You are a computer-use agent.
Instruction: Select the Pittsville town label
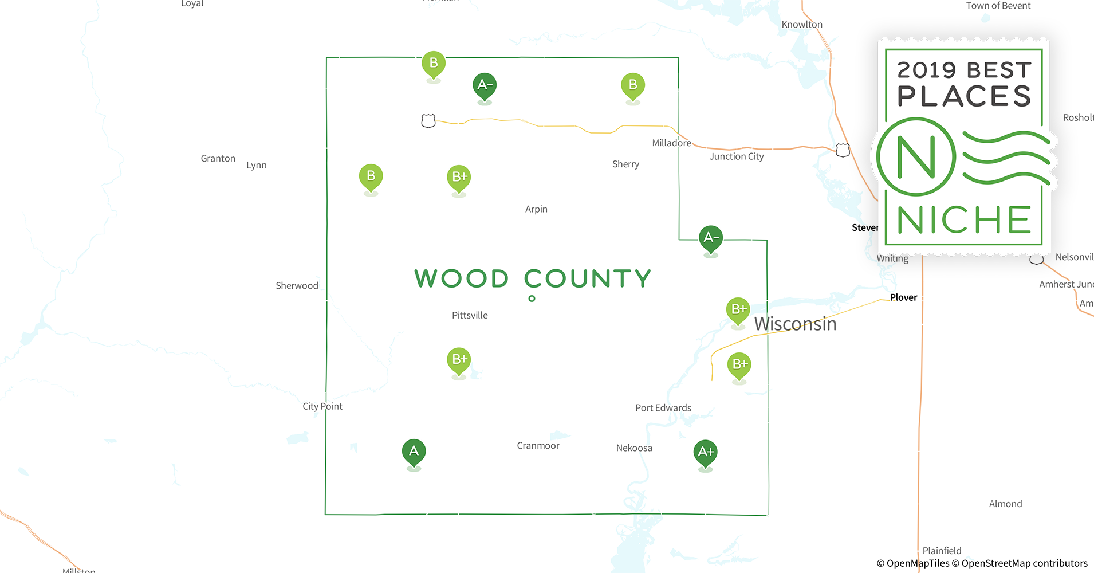tap(470, 315)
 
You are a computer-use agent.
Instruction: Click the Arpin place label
tap(536, 209)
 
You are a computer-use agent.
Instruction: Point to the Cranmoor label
tap(538, 446)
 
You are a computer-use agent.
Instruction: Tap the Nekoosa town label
tap(634, 448)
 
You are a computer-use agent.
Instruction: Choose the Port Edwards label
tap(663, 408)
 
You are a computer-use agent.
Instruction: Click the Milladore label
tap(671, 143)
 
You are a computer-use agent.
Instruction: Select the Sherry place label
tap(625, 164)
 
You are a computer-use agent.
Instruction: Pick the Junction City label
tap(737, 156)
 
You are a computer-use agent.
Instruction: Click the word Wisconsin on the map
tap(795, 324)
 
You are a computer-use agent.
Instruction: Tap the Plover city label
tap(903, 297)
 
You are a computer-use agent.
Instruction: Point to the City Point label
tap(322, 406)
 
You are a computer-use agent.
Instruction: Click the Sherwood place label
tap(297, 286)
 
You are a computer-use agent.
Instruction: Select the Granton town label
tap(218, 159)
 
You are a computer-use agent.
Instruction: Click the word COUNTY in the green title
tap(588, 279)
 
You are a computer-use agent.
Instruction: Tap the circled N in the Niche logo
tap(916, 156)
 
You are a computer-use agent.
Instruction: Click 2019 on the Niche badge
tap(927, 70)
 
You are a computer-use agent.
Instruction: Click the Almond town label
tap(1005, 504)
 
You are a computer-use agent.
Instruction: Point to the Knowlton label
tap(802, 25)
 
